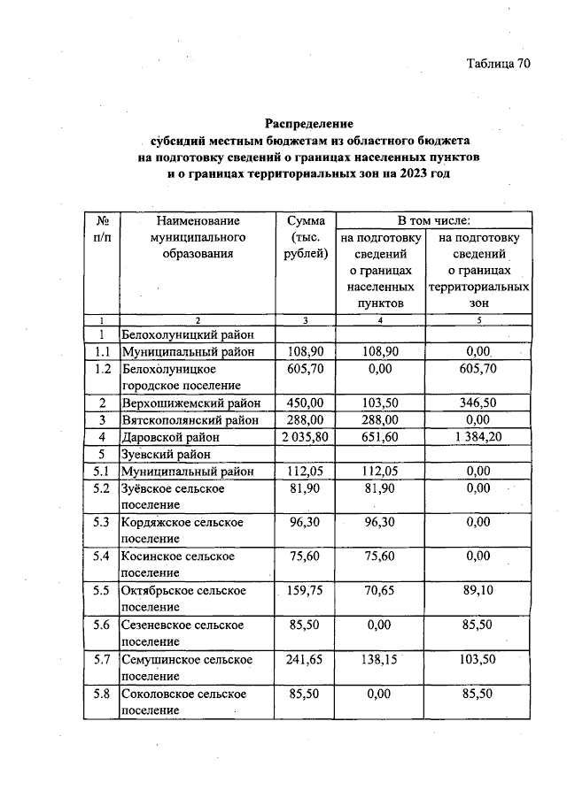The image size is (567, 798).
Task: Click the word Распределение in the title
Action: pyautogui.click(x=309, y=123)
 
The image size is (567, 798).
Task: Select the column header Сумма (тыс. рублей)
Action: pyautogui.click(x=307, y=237)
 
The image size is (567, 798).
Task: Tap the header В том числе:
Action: pyautogui.click(x=433, y=220)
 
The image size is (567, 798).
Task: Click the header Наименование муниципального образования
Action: pyautogui.click(x=198, y=237)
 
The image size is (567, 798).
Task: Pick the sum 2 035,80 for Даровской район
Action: pyautogui.click(x=307, y=437)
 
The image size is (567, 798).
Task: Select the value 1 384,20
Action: pyautogui.click(x=478, y=437)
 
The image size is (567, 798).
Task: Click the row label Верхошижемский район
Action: pyautogui.click(x=184, y=403)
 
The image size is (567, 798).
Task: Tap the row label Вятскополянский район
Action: pyautogui.click(x=186, y=419)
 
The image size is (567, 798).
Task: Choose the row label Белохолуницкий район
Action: pyautogui.click(x=188, y=334)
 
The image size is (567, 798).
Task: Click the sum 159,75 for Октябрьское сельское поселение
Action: pyautogui.click(x=307, y=591)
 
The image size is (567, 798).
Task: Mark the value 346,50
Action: pyautogui.click(x=478, y=403)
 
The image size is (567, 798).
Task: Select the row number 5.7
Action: pyautogui.click(x=102, y=660)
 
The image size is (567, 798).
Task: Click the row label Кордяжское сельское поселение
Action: pyautogui.click(x=183, y=531)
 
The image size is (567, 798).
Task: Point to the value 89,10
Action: pyautogui.click(x=478, y=591)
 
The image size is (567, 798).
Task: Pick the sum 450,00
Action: pyautogui.click(x=307, y=403)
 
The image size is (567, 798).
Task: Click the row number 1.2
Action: pyautogui.click(x=102, y=369)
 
